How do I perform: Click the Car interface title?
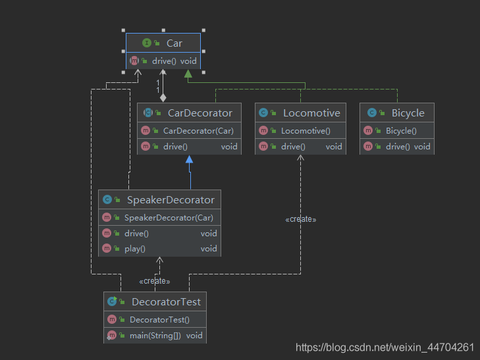[x=174, y=43]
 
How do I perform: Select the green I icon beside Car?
[x=147, y=43]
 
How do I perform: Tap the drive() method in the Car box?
[x=164, y=61]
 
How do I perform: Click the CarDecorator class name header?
[x=200, y=113]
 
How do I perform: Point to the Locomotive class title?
[x=311, y=113]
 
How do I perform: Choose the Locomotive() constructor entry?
[x=306, y=131]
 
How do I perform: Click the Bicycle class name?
[x=408, y=113]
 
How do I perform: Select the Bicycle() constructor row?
[x=401, y=131]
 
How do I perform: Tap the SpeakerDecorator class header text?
[x=171, y=199]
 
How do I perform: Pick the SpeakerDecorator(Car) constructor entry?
[x=169, y=218]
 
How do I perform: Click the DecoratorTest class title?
[x=166, y=302]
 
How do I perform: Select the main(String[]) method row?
[x=155, y=336]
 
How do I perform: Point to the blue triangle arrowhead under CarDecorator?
[x=189, y=159]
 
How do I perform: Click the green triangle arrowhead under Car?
[x=188, y=74]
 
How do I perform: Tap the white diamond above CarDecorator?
[x=163, y=98]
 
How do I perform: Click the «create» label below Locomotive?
[x=301, y=219]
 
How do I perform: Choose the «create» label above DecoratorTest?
[x=155, y=281]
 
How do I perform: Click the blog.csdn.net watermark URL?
[x=385, y=347]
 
